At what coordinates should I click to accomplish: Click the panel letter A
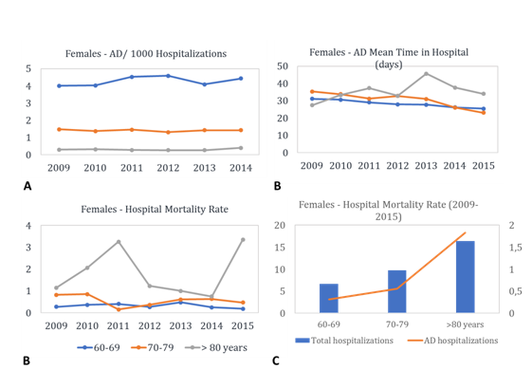(x=28, y=186)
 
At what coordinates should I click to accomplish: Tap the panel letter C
(x=276, y=360)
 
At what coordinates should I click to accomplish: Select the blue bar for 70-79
(x=397, y=291)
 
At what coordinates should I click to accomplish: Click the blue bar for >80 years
(x=466, y=277)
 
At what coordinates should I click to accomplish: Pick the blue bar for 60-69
(x=329, y=298)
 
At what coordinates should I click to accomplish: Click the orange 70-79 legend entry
(x=153, y=347)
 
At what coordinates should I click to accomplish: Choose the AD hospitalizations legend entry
(x=453, y=341)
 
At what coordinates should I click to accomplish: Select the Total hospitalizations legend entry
(x=344, y=341)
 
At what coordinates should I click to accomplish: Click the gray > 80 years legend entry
(x=216, y=347)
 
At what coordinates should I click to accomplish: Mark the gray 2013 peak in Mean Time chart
(x=426, y=73)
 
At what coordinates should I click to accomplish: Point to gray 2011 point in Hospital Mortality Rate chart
(x=119, y=242)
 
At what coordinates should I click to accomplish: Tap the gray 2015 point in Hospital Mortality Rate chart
(x=243, y=240)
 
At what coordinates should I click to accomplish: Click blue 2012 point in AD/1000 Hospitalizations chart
(x=168, y=76)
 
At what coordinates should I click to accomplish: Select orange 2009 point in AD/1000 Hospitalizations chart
(x=59, y=129)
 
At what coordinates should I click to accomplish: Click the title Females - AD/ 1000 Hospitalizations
(x=146, y=54)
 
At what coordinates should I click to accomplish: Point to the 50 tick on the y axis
(x=283, y=66)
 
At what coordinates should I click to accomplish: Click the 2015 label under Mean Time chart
(x=484, y=166)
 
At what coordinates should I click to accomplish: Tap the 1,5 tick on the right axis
(x=515, y=248)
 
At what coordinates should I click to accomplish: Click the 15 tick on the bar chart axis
(x=281, y=248)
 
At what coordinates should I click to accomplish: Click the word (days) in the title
(x=389, y=65)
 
